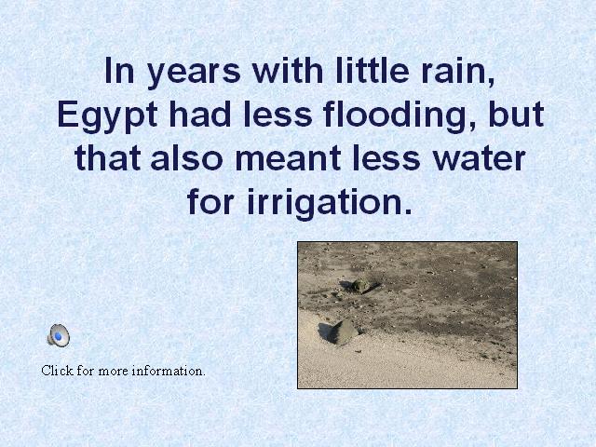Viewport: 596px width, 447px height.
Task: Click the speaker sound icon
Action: [x=59, y=335]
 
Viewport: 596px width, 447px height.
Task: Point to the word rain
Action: [x=458, y=72]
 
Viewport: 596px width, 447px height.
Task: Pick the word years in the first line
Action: [x=194, y=74]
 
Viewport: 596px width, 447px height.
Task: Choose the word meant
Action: [x=288, y=159]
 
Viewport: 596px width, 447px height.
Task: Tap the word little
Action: [x=372, y=71]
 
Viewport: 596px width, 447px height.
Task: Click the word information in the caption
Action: [x=169, y=371]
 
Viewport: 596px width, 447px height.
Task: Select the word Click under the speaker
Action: [x=57, y=371]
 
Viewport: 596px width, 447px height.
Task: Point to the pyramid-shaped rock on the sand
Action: [x=341, y=332]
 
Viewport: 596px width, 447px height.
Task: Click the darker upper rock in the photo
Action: [x=363, y=284]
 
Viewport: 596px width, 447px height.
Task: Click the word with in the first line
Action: [x=288, y=71]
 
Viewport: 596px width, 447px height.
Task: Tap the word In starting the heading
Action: [x=119, y=71]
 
